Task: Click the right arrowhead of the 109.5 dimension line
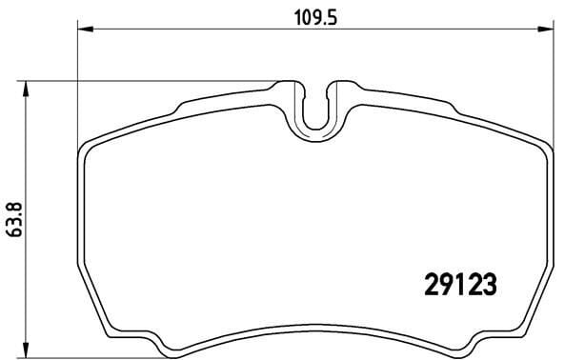tap(548, 31)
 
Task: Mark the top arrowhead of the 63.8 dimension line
tap(27, 88)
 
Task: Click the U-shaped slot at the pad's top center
tap(315, 110)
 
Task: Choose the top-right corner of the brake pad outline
tap(544, 146)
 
